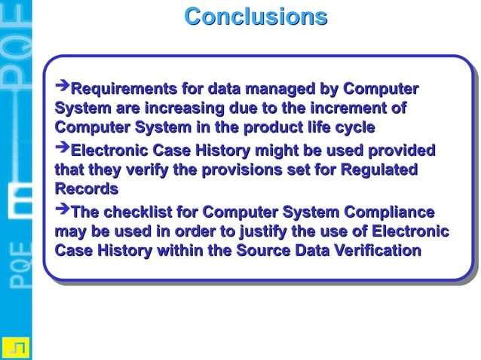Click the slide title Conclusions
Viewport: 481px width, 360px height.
point(256,17)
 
